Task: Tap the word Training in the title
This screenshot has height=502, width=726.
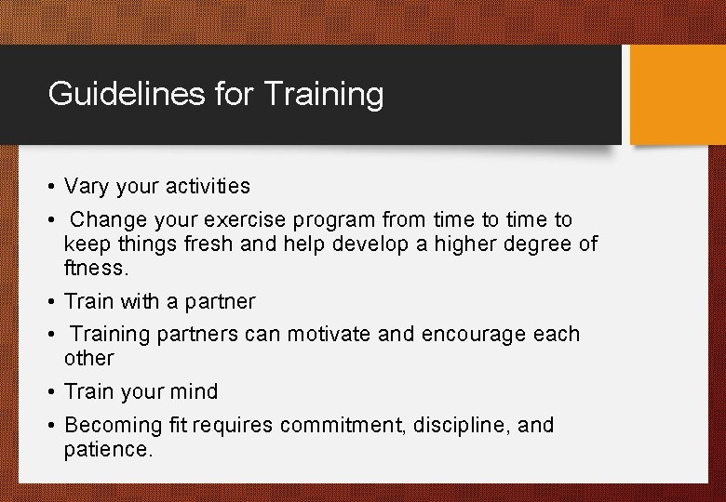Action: (x=324, y=94)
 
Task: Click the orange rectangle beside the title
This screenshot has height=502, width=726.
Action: (x=678, y=95)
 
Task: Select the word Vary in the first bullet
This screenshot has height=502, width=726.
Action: (x=86, y=186)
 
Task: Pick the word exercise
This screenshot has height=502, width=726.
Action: (x=249, y=220)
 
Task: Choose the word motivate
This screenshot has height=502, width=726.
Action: (x=329, y=334)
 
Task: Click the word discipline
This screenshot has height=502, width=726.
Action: (x=462, y=426)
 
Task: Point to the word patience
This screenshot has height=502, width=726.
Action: (x=106, y=450)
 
